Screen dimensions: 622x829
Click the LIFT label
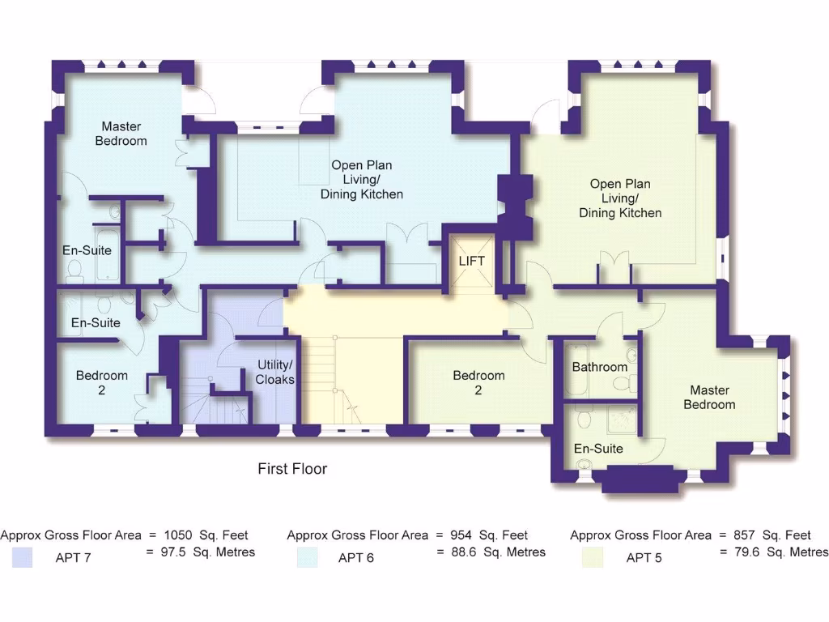472,261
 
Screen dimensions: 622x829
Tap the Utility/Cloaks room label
275,372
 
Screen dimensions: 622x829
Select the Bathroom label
600,367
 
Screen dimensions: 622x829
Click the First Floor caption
292,469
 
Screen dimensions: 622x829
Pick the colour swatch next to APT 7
23,556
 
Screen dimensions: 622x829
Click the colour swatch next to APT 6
308,556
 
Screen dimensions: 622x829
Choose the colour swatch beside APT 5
592,556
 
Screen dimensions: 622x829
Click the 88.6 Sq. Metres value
491,552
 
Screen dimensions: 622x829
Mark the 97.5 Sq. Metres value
200,552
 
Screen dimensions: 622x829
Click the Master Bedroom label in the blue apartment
121,134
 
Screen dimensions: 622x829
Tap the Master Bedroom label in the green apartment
709,397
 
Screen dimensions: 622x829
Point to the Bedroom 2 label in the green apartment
478,382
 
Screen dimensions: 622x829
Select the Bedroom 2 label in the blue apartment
102,382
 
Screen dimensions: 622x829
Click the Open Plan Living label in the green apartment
620,198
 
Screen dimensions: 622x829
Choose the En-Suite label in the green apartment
598,448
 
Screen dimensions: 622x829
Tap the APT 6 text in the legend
355,557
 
